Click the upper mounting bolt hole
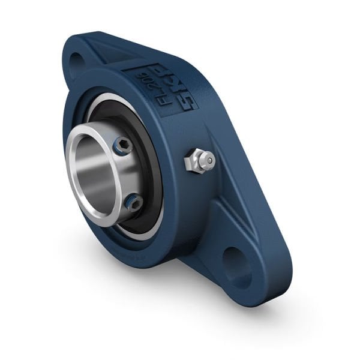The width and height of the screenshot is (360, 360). [76, 61]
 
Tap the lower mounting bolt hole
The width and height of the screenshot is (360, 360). [238, 264]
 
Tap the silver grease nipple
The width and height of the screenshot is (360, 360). [199, 161]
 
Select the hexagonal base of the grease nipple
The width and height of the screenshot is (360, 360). [193, 163]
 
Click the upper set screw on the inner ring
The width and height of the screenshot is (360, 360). [122, 146]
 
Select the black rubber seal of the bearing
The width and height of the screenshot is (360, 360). [150, 174]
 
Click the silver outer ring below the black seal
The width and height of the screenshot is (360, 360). [144, 232]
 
